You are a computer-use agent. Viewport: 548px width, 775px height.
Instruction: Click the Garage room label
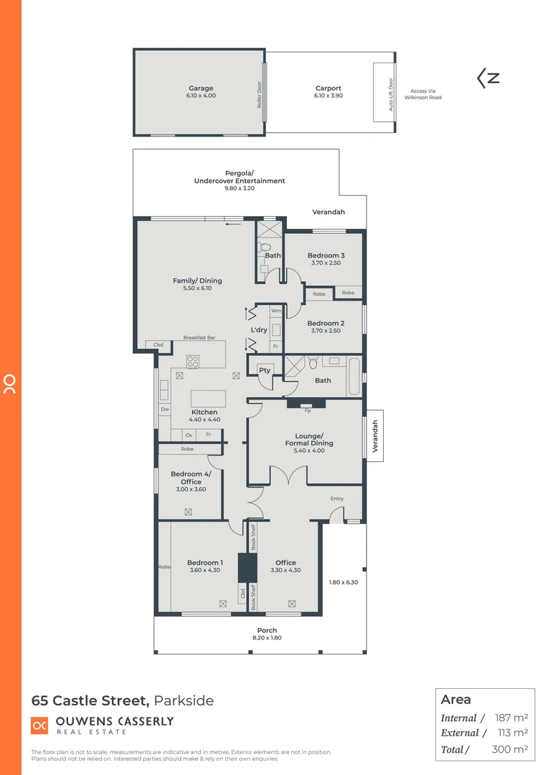201,89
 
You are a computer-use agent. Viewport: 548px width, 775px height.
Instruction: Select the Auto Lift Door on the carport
391,93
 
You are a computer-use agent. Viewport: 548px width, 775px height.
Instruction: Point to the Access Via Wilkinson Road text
422,95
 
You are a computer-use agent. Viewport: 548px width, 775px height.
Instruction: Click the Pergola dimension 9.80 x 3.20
239,188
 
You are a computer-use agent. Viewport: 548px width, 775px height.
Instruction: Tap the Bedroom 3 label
326,255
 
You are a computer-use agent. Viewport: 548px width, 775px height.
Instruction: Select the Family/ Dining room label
197,281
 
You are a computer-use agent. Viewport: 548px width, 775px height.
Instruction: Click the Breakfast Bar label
199,337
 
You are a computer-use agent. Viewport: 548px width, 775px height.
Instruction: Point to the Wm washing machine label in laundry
275,311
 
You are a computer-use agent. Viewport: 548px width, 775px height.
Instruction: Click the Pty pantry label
264,370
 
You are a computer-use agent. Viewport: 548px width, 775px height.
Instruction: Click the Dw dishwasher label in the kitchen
164,410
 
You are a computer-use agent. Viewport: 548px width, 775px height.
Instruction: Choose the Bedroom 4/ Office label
186,478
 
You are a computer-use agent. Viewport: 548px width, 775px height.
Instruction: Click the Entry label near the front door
336,499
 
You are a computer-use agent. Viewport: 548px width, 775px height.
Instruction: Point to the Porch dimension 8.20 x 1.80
266,638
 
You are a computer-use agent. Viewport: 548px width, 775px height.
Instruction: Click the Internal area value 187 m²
511,718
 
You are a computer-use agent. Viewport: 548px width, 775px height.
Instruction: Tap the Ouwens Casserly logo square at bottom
39,725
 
